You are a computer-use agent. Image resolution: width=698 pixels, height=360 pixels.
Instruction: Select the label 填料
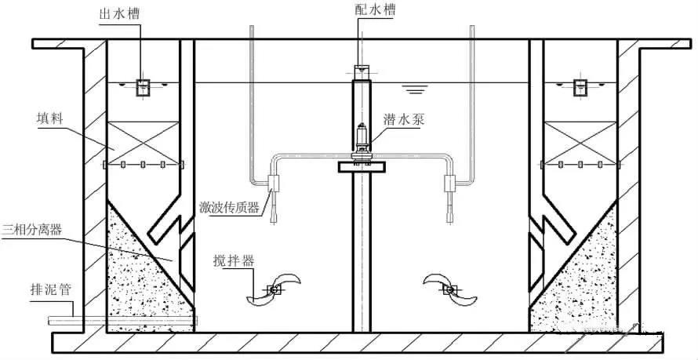49,121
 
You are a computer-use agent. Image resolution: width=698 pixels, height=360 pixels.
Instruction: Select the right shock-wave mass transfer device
451,185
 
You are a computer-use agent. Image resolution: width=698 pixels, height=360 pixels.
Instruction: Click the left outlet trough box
143,87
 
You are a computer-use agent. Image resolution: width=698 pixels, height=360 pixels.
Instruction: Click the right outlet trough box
580,87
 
